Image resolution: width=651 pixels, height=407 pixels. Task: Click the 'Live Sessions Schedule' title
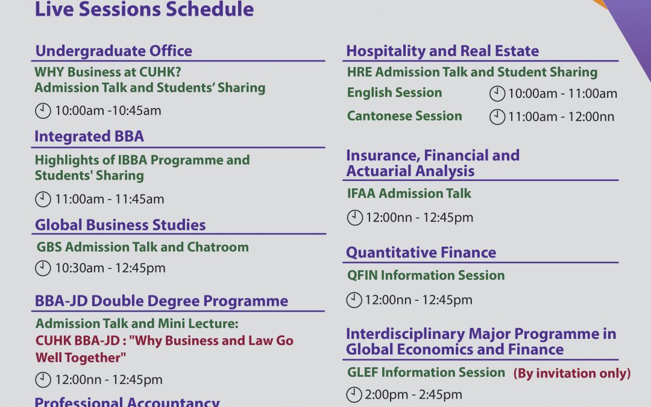coord(144,9)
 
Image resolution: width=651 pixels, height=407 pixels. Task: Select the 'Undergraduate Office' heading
coord(114,51)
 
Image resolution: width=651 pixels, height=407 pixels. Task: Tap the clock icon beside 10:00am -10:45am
coord(43,111)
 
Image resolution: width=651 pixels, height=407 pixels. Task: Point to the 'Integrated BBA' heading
coord(89,136)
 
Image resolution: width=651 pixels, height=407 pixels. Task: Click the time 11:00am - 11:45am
coord(110,200)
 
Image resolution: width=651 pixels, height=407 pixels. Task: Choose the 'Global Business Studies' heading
coord(121,225)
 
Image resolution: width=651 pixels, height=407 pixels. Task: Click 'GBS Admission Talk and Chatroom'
coord(143,247)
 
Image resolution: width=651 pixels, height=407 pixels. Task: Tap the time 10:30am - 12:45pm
coord(110,268)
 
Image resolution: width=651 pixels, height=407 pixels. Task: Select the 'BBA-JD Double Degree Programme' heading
coord(162,301)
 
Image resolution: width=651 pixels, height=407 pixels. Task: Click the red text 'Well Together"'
coord(81,358)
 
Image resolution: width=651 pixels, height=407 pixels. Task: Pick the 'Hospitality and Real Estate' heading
coord(442,51)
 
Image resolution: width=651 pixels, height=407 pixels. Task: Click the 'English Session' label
coord(394,93)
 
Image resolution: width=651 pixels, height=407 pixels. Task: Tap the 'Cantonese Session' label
coord(404,116)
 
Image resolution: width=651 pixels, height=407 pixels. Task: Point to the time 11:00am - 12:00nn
coord(561,117)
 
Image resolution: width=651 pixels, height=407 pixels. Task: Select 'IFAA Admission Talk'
coord(409,194)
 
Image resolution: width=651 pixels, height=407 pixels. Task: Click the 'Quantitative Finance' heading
coord(421,253)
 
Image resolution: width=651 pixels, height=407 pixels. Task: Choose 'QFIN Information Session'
coord(426,276)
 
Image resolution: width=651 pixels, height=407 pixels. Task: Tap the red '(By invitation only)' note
coord(572,373)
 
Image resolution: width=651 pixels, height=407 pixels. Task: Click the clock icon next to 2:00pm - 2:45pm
coord(354,394)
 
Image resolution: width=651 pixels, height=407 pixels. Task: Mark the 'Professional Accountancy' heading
coord(127,402)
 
